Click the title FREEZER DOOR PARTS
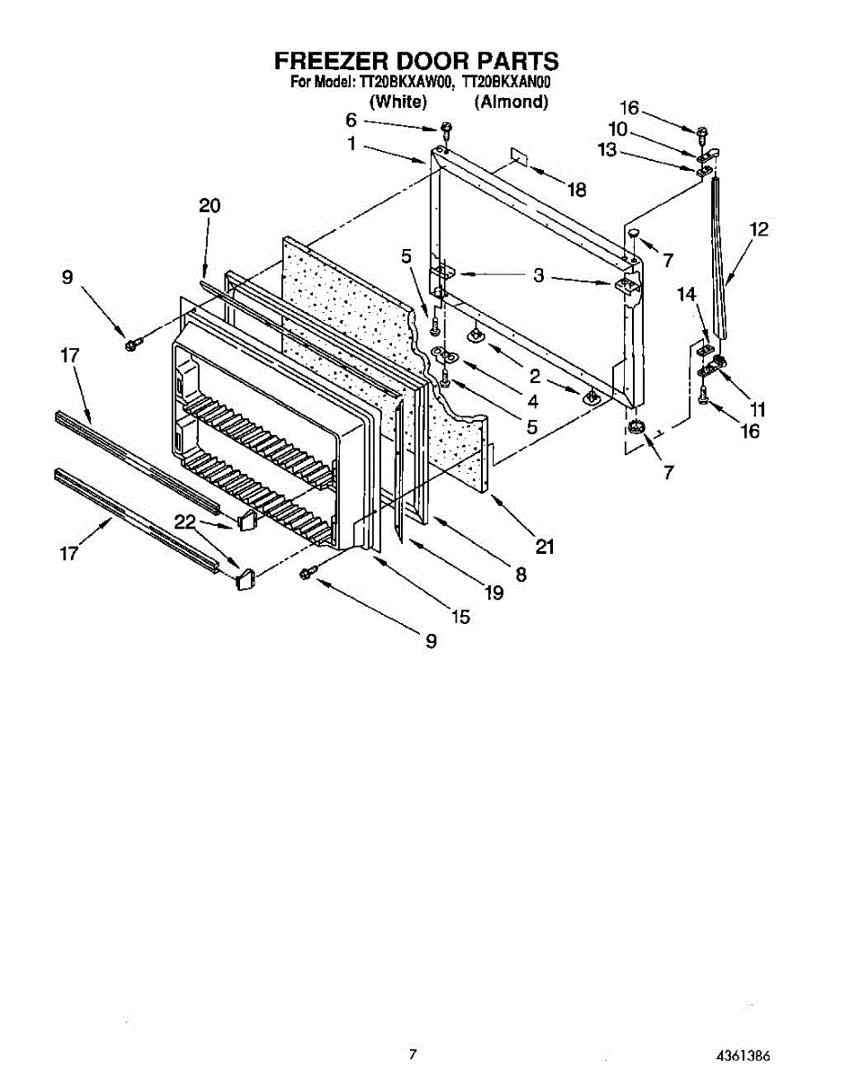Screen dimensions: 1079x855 (416, 61)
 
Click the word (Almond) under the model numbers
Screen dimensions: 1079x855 (512, 102)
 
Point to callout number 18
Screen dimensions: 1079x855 (576, 190)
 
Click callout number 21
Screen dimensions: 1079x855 (545, 546)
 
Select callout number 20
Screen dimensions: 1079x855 (209, 206)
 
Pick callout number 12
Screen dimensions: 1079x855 (759, 229)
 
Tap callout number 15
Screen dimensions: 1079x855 (460, 617)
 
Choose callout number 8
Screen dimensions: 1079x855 (521, 573)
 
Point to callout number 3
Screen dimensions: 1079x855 (538, 276)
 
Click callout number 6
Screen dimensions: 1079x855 (351, 120)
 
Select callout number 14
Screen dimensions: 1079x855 (686, 293)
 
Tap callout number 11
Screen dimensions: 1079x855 (758, 409)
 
